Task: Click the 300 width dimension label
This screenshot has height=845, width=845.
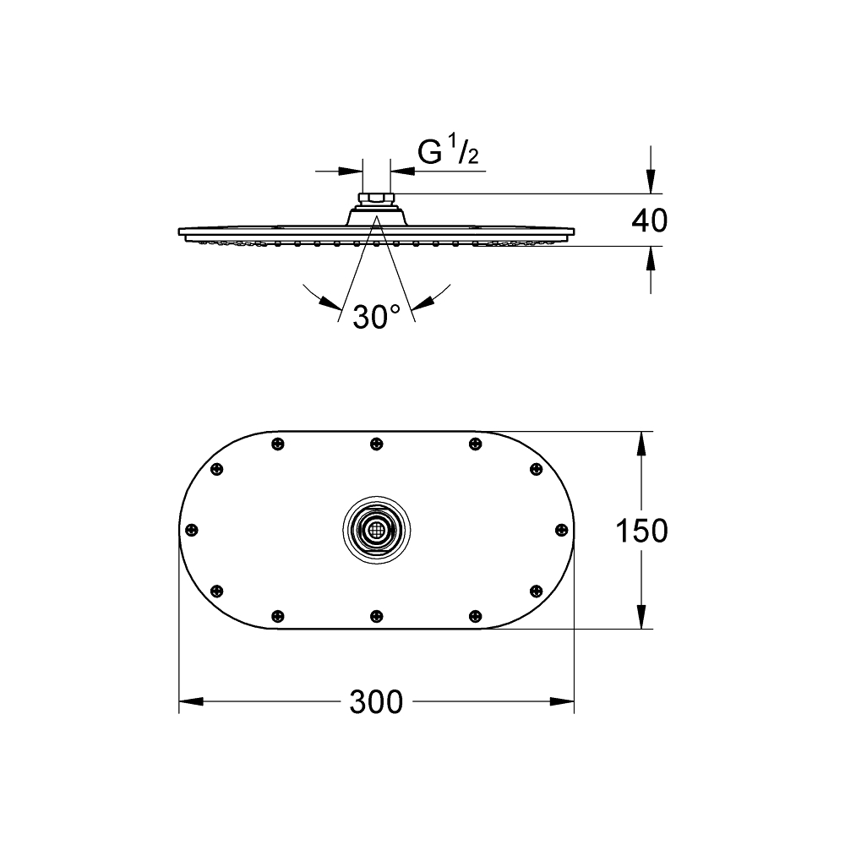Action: tap(376, 701)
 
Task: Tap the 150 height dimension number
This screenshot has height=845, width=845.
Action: tap(641, 531)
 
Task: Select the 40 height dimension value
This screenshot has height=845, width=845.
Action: tap(649, 221)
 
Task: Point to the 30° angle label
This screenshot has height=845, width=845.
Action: tap(377, 316)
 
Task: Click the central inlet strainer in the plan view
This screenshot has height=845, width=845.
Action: tap(377, 530)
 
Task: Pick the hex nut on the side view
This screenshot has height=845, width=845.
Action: tap(377, 199)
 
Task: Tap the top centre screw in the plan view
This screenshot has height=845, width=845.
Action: tap(377, 444)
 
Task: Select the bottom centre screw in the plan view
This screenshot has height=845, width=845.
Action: tap(377, 616)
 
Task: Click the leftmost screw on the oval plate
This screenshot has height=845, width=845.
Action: tap(191, 531)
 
